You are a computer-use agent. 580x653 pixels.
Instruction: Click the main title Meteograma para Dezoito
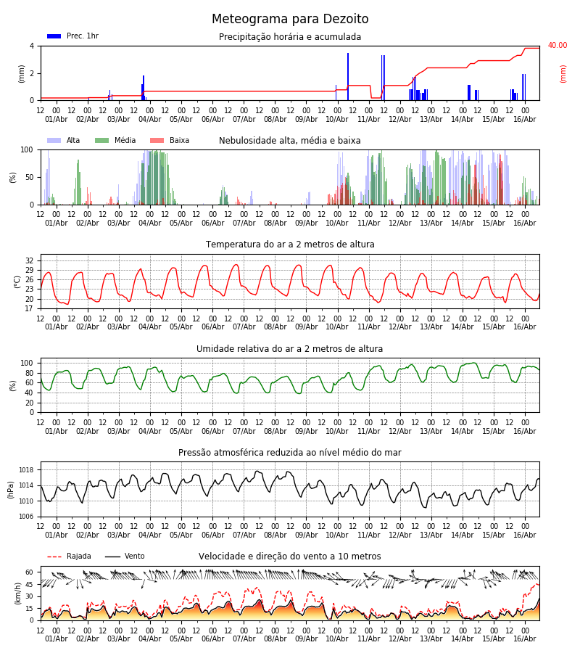click(290, 19)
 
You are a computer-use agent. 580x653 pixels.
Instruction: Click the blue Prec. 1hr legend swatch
click(54, 36)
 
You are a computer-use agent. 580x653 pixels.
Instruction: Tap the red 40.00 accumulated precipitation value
click(557, 45)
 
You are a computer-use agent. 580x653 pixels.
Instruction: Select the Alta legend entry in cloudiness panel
click(64, 140)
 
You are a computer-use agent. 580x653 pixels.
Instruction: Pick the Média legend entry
click(115, 140)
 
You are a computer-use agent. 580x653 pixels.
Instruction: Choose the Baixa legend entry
click(170, 140)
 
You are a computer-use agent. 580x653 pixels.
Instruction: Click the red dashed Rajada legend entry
click(69, 556)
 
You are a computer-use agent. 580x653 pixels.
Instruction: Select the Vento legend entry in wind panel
click(125, 556)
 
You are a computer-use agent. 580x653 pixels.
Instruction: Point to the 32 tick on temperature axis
click(29, 260)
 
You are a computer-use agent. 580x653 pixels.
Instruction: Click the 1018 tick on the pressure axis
click(26, 469)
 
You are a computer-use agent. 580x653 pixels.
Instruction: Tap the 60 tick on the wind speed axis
click(29, 572)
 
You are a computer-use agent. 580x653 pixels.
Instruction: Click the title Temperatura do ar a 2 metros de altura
click(290, 245)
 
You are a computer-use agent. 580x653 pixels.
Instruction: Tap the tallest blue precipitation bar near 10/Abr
click(348, 77)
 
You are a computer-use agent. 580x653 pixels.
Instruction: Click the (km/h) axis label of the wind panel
click(17, 594)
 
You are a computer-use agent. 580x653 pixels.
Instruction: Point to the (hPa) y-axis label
click(11, 490)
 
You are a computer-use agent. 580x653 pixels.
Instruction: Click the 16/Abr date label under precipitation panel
click(525, 119)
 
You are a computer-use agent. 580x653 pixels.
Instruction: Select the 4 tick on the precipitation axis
click(32, 46)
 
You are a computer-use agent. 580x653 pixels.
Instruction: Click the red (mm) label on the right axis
click(563, 74)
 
